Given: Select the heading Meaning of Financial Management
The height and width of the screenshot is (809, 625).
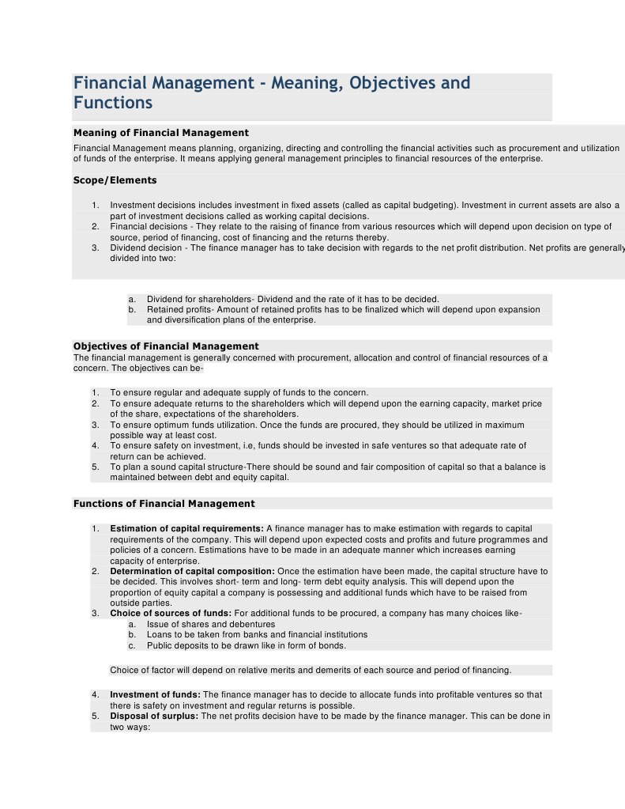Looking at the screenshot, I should tap(160, 133).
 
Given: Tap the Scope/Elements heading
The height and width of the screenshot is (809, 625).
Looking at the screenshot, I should tap(115, 180).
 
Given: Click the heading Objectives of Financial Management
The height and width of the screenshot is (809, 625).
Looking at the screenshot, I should tap(166, 346).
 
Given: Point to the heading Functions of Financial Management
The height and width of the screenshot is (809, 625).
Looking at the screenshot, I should tap(164, 504).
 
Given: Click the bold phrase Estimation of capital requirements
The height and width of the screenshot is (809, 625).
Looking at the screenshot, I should tap(186, 528).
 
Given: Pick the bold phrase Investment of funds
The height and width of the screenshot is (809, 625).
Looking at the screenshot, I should tap(155, 695).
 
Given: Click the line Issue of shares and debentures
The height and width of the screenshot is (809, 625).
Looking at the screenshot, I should tap(211, 624).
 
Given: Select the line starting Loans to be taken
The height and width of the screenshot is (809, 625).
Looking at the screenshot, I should tap(257, 634).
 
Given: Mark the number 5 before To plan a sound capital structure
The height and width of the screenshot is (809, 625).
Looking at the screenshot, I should tap(95, 467).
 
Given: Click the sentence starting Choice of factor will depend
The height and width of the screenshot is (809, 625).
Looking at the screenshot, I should tap(311, 671).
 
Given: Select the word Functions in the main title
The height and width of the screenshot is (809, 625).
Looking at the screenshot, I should tap(113, 104).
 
